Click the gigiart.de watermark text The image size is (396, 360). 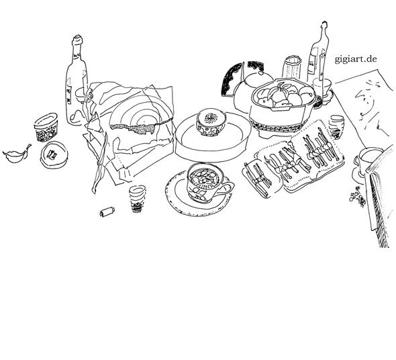coord(356,59)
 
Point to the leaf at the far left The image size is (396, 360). coord(16,154)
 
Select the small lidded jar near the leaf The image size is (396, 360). coord(46,127)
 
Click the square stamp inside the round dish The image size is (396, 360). coord(52,154)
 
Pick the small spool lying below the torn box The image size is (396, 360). coord(107,212)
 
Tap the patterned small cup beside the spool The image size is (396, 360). coord(137,199)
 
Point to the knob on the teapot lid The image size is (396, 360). coord(261,73)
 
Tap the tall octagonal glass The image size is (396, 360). coord(292,67)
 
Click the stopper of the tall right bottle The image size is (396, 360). coord(324,26)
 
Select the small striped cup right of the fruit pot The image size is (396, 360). coord(337,126)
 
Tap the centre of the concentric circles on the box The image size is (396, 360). coord(144,122)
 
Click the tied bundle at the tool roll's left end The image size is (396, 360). coord(258,179)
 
